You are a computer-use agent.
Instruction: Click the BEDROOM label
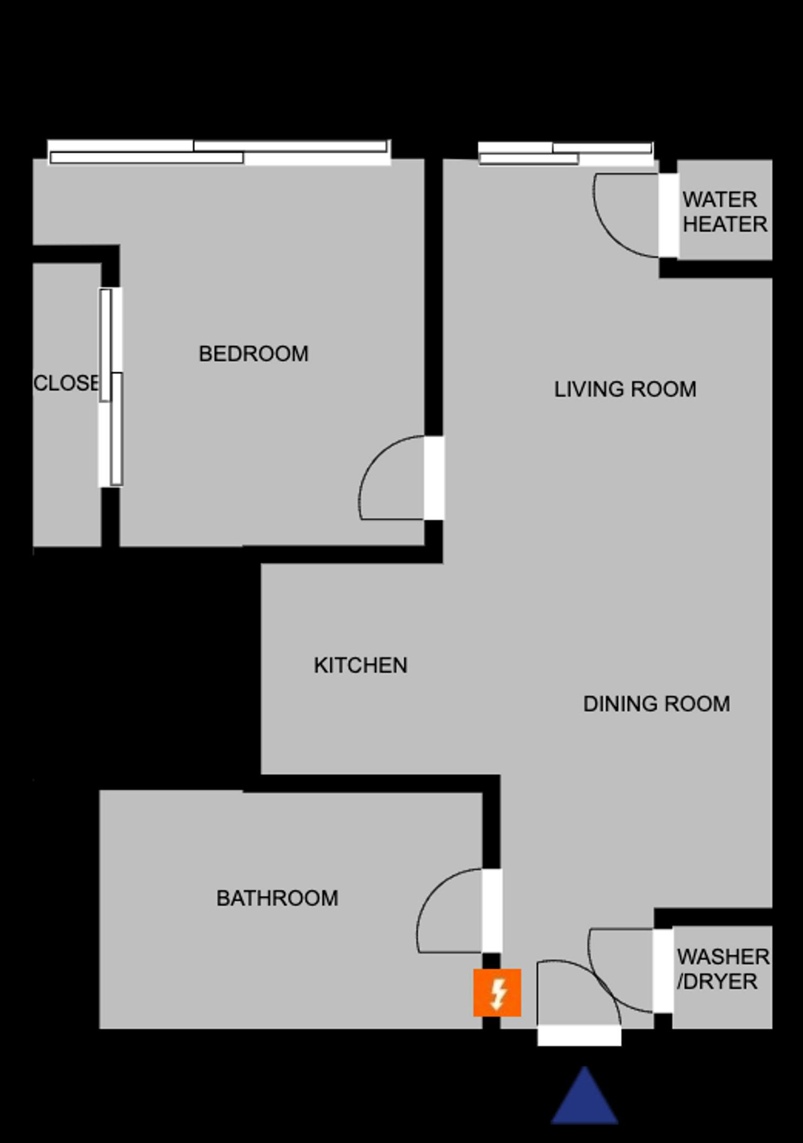point(254,354)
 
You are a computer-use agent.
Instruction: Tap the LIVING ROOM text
point(625,389)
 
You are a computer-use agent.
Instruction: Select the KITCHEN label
point(360,665)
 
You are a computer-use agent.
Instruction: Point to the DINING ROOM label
point(656,704)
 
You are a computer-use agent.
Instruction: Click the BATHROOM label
point(277,898)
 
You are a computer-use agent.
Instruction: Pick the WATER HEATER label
point(724,211)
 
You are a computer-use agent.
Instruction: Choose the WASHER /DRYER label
point(723,969)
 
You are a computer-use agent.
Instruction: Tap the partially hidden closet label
point(66,383)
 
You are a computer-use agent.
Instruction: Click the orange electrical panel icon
point(497,992)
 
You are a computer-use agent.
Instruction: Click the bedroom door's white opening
point(434,477)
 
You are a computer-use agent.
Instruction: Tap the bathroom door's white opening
point(492,910)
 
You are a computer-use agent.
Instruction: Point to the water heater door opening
point(668,215)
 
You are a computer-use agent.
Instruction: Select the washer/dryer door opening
point(662,971)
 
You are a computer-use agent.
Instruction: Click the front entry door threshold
point(579,1035)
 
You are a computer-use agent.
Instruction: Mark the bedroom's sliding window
point(219,152)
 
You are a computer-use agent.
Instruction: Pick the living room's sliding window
point(566,153)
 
